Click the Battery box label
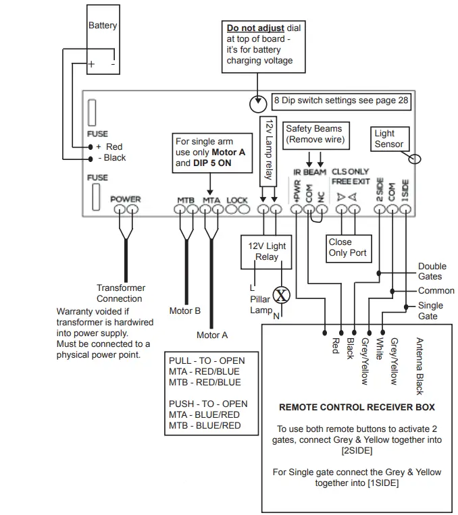[x=103, y=26]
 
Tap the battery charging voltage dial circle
[x=257, y=104]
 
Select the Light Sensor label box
[x=389, y=138]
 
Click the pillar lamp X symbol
[x=280, y=295]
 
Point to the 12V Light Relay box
[x=267, y=251]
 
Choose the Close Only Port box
[x=347, y=247]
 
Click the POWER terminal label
[x=126, y=199]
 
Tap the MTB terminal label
[x=186, y=200]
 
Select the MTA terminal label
[x=211, y=200]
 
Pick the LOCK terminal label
[x=237, y=200]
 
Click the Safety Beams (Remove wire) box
[x=314, y=134]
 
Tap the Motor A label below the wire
[x=212, y=334]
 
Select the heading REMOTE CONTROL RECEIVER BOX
[x=357, y=407]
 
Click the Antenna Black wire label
[x=419, y=365]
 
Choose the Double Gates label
[x=430, y=271]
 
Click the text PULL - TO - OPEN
[x=207, y=360]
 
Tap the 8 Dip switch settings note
[x=341, y=100]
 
